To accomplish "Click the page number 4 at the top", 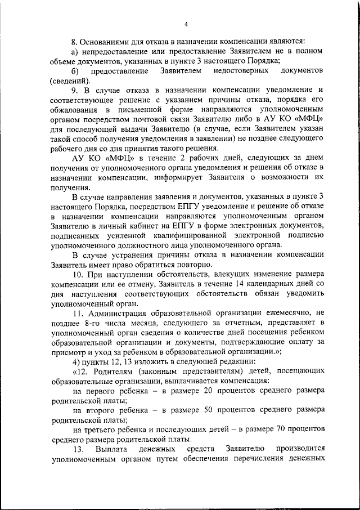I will point(185,23).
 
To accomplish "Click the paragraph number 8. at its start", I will point(74,41).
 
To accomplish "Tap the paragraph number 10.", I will point(78,275).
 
